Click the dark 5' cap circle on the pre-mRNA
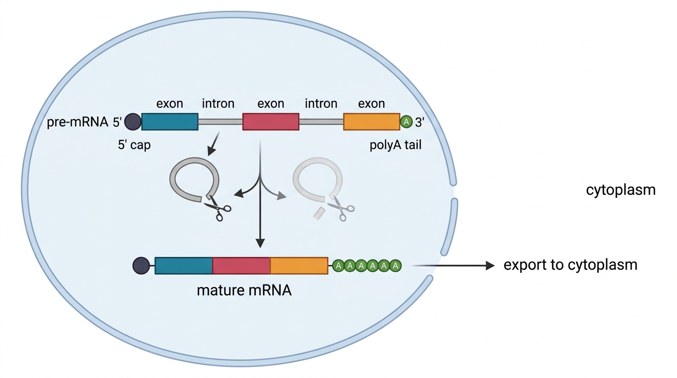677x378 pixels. [x=133, y=122]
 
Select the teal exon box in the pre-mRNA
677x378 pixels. [x=170, y=122]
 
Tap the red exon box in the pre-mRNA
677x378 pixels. [x=271, y=122]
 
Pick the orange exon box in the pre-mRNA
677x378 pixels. [x=372, y=122]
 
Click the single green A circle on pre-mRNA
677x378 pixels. [x=406, y=122]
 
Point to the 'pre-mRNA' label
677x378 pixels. [x=78, y=122]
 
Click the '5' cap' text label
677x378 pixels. [x=134, y=145]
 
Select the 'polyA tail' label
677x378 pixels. [x=396, y=145]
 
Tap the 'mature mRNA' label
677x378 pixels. [x=244, y=290]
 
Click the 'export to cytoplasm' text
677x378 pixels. [x=571, y=265]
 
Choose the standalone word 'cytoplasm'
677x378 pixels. [x=621, y=190]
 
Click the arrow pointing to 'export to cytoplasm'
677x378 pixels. [x=453, y=265]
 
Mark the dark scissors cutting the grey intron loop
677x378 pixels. [x=217, y=208]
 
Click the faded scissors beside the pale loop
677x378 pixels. [x=340, y=208]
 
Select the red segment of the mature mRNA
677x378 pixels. [x=241, y=266]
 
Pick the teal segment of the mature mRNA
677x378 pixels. [x=184, y=266]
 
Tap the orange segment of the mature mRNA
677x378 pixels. [x=299, y=266]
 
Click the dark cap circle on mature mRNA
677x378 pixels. [x=141, y=266]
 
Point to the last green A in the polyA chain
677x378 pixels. [x=395, y=266]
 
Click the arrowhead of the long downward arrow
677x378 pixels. [x=260, y=243]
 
